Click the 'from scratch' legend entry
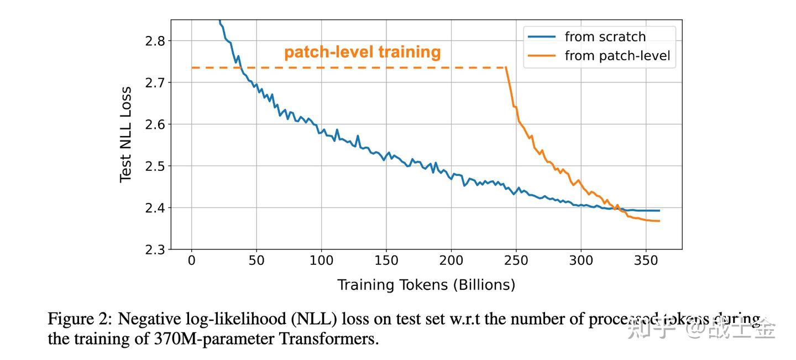click(x=605, y=37)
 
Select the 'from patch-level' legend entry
click(x=617, y=56)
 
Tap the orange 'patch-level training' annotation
click(x=362, y=53)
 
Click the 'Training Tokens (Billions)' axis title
click(x=426, y=285)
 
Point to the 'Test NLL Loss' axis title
click(x=126, y=134)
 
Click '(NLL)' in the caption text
click(x=315, y=320)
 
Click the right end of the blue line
click(x=659, y=211)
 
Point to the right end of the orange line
click(x=659, y=221)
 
